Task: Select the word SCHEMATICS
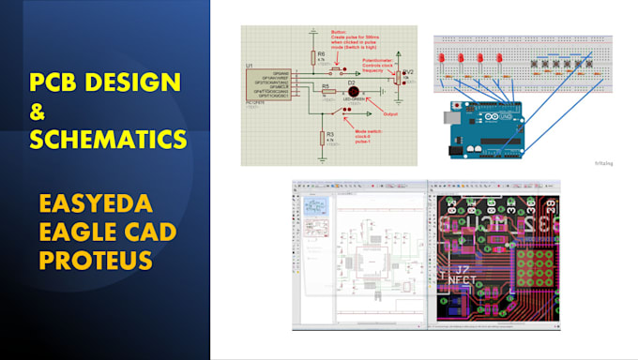[x=107, y=140]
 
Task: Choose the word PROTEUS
[x=95, y=259]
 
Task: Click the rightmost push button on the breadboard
[x=592, y=67]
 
